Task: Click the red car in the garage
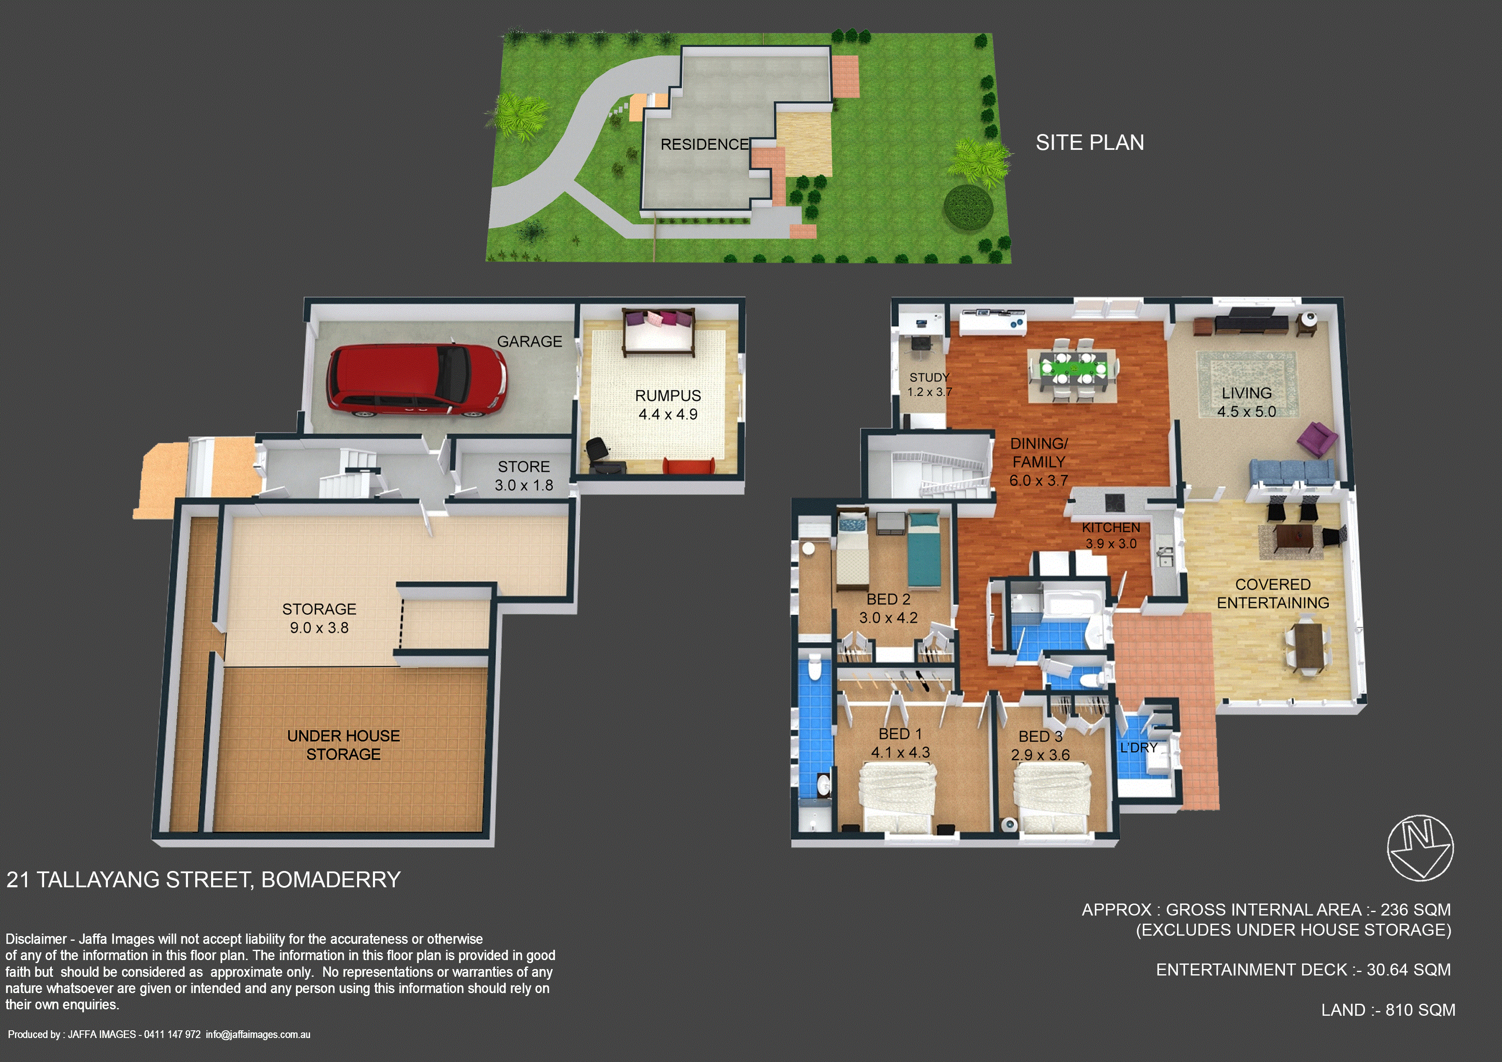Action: (417, 381)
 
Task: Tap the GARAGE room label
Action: (529, 342)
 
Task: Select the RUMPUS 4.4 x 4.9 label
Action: (668, 405)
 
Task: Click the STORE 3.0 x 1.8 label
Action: (524, 476)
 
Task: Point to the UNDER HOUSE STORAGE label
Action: (343, 745)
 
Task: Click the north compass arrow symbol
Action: (1420, 848)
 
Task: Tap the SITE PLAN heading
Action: (1090, 143)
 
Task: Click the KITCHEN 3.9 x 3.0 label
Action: (1111, 535)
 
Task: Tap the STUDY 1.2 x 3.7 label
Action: (929, 385)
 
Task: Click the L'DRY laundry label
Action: (1139, 747)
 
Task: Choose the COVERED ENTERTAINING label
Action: (1273, 594)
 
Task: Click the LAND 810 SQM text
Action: (1388, 1010)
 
